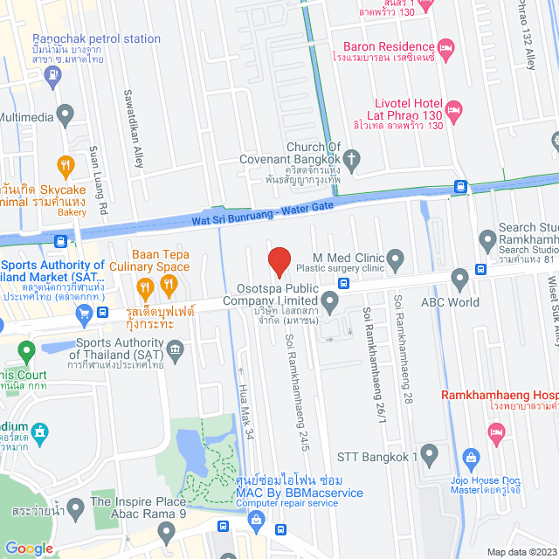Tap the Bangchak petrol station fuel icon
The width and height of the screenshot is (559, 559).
click(x=54, y=76)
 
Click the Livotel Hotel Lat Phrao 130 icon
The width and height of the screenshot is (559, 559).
click(x=453, y=111)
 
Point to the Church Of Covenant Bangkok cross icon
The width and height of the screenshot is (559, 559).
click(x=352, y=159)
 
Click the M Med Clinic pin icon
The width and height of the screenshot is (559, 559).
click(x=396, y=259)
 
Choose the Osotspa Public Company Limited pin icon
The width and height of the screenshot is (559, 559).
click(x=329, y=303)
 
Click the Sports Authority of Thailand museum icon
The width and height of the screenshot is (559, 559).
click(x=176, y=350)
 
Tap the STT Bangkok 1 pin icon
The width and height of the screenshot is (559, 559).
click(x=429, y=455)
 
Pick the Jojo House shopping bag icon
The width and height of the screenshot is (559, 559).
click(x=471, y=457)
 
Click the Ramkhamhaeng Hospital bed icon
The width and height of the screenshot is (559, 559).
click(x=496, y=431)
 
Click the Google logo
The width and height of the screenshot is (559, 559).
click(x=29, y=548)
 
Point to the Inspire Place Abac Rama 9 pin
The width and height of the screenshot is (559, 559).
click(x=76, y=507)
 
